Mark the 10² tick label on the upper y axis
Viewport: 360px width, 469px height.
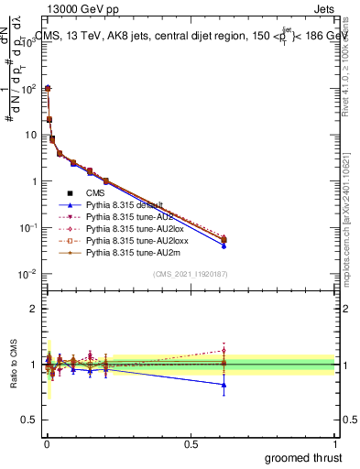click(27, 88)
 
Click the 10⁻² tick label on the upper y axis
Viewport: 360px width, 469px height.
click(27, 274)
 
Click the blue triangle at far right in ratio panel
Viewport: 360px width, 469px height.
click(224, 385)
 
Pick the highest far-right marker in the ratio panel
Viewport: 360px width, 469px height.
click(224, 350)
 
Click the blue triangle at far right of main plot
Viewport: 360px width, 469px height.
click(224, 245)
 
